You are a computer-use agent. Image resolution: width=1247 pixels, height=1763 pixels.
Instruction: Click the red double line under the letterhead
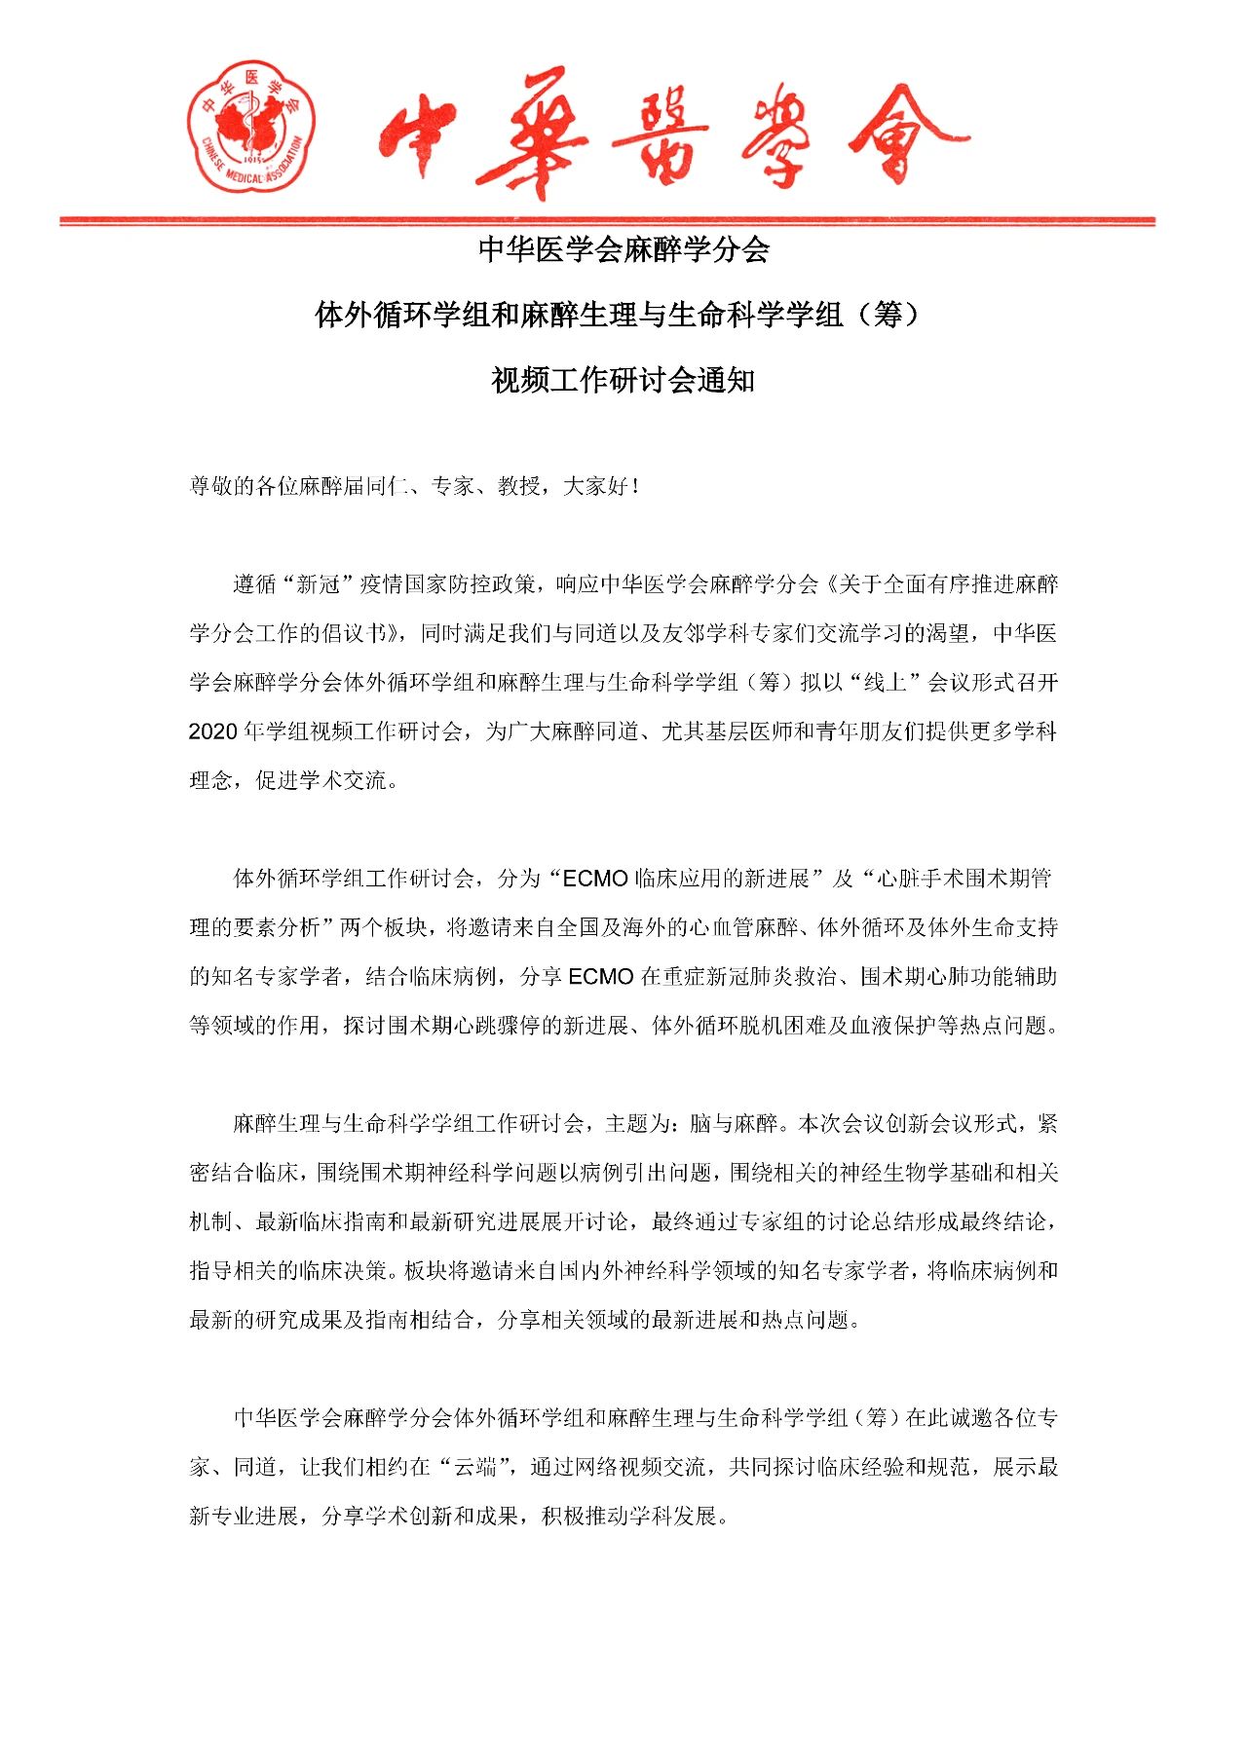[x=607, y=222]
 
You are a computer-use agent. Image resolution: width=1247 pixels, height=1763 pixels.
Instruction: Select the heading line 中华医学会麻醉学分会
[x=623, y=250]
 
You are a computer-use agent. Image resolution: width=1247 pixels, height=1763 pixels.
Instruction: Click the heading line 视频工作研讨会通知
[x=623, y=380]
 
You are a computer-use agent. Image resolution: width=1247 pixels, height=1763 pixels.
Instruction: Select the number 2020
[x=213, y=731]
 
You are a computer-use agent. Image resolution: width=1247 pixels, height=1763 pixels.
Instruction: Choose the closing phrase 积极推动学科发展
[x=633, y=1516]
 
